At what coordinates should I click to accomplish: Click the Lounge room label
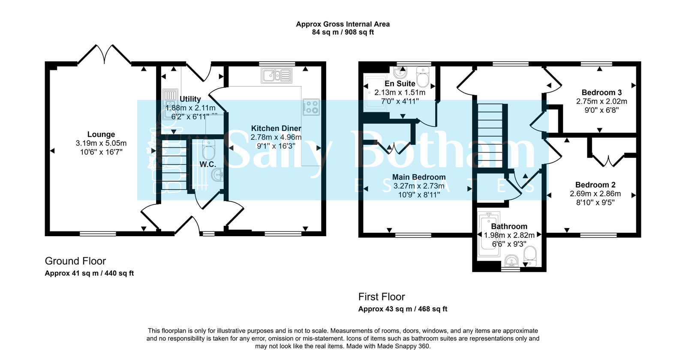click(101, 134)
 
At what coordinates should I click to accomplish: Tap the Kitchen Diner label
click(276, 128)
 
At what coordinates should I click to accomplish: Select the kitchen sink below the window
click(277, 76)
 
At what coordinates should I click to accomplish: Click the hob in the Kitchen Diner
click(311, 107)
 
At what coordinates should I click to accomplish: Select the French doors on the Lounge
click(104, 54)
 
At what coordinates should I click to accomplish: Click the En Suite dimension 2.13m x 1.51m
click(400, 93)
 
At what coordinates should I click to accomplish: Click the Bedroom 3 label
click(602, 92)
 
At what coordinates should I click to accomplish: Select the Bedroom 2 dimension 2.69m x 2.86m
click(595, 194)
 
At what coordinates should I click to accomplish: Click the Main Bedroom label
click(419, 177)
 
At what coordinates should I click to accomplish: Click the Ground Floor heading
click(75, 261)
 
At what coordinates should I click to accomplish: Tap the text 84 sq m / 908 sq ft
click(343, 32)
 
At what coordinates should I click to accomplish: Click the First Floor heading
click(382, 297)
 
